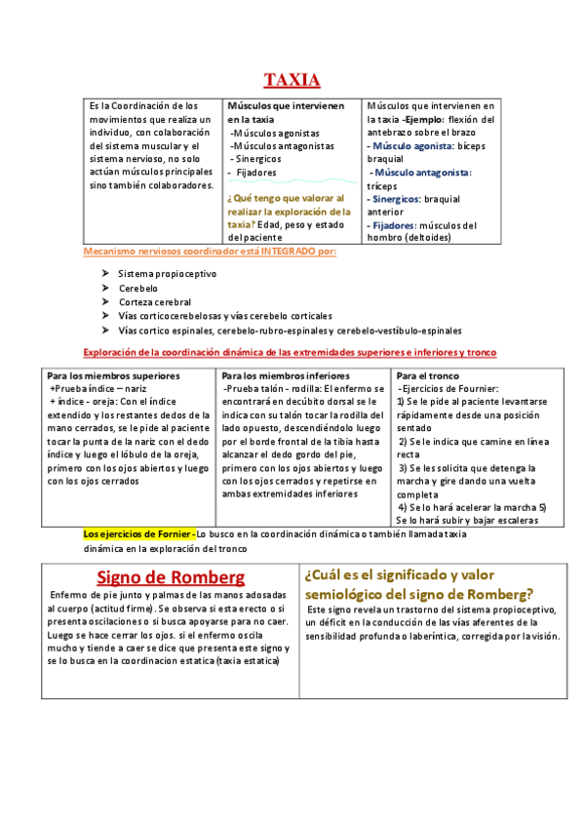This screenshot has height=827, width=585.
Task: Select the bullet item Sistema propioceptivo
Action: pyautogui.click(x=167, y=274)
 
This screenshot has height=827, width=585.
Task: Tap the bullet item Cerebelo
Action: pyautogui.click(x=138, y=289)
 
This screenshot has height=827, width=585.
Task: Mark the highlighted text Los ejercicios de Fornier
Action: pyautogui.click(x=138, y=534)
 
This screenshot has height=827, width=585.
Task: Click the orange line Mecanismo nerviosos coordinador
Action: pyautogui.click(x=210, y=252)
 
